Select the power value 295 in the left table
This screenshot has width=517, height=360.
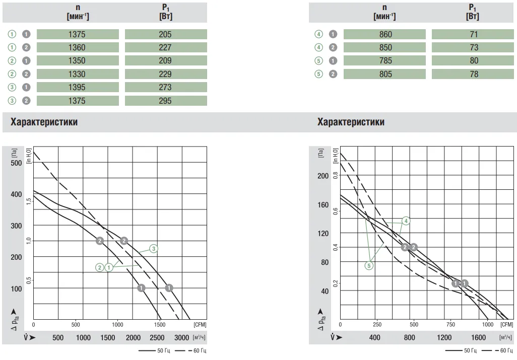click(165, 101)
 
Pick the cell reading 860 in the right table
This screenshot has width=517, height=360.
click(384, 34)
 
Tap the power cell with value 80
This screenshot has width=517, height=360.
click(473, 61)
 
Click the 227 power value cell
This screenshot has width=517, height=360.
click(165, 47)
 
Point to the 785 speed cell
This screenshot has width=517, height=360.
click(384, 61)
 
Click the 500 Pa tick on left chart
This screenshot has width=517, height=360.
click(16, 163)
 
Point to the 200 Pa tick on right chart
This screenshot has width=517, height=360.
click(322, 176)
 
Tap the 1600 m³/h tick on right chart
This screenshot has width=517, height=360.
click(478, 337)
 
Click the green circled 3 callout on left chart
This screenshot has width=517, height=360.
click(154, 248)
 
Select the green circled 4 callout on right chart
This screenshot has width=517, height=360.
click(406, 221)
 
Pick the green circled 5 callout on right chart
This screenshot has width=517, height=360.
click(369, 265)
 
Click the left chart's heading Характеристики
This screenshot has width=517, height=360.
click(44, 122)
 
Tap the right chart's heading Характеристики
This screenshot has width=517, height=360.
click(351, 122)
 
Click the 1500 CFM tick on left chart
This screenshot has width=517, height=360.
click(160, 325)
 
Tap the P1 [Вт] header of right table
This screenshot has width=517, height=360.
click(472, 12)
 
